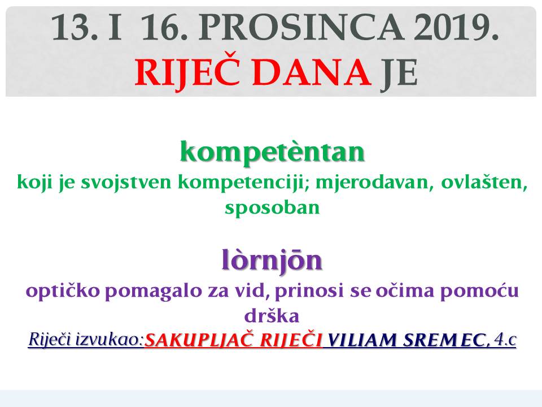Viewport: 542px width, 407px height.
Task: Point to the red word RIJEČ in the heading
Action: [187, 72]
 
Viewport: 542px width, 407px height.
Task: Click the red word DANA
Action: [312, 73]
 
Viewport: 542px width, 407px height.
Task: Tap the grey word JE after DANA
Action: [399, 73]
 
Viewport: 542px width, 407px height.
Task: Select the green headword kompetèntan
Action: [272, 151]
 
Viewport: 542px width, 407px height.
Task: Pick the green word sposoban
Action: [272, 207]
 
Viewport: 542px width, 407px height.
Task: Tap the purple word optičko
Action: [63, 291]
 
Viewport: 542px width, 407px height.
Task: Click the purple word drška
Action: [272, 315]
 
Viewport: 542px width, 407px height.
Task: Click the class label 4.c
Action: [505, 340]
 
